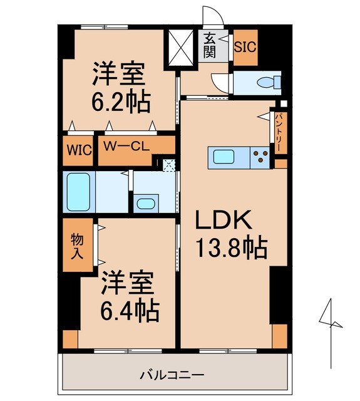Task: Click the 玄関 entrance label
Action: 209,46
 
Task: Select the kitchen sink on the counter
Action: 224,157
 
